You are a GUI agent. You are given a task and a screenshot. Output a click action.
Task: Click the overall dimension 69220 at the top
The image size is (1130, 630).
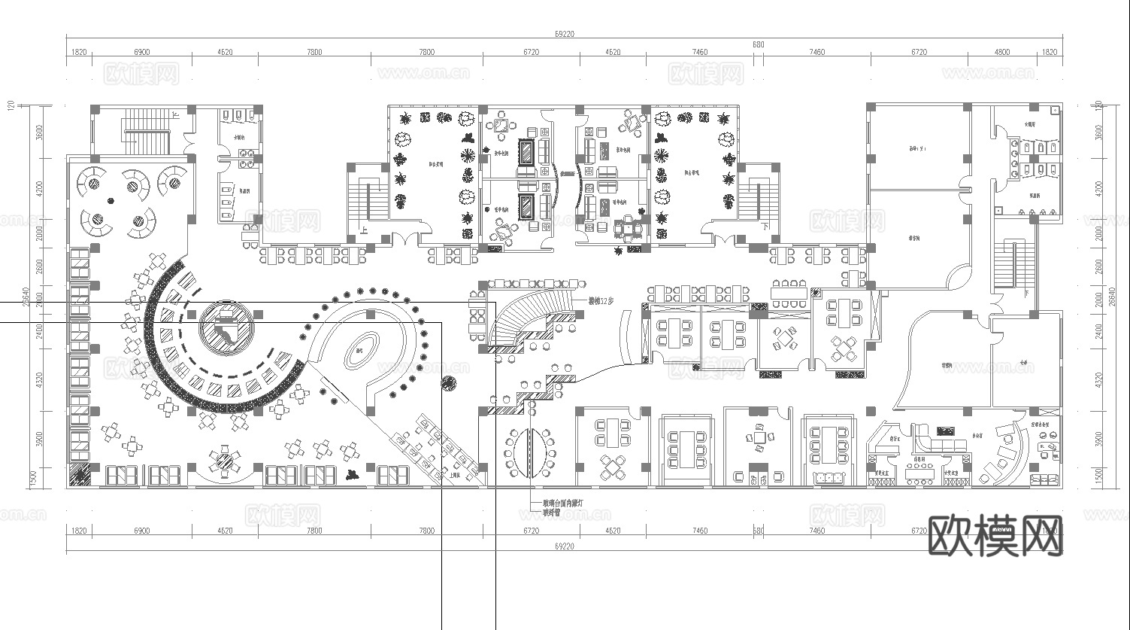(564, 33)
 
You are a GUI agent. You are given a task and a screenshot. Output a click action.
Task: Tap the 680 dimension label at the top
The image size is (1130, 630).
(758, 44)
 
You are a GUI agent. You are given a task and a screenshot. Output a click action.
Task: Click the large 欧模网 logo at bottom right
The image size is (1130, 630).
(996, 536)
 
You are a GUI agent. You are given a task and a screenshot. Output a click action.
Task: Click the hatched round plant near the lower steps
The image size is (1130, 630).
(448, 383)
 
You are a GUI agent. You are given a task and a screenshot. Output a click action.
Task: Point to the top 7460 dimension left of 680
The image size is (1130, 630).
(699, 53)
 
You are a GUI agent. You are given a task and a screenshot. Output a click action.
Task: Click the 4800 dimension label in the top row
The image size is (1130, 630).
(1002, 53)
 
